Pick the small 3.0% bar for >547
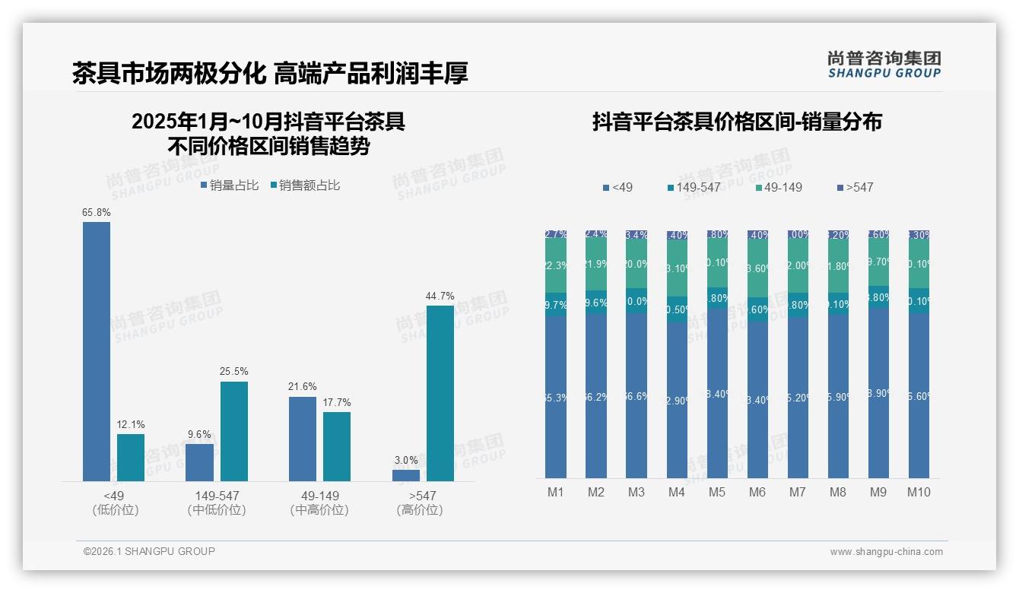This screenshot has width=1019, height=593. pyautogui.click(x=406, y=475)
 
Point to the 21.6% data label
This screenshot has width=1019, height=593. pyautogui.click(x=302, y=387)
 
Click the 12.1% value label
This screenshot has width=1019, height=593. pyautogui.click(x=131, y=424)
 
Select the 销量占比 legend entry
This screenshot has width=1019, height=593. pyautogui.click(x=229, y=186)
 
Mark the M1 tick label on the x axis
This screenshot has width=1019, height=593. pyautogui.click(x=556, y=493)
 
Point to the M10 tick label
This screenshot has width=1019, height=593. pyautogui.click(x=919, y=493)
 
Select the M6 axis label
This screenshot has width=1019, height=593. pyautogui.click(x=757, y=493)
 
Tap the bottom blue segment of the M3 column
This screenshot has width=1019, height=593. pyautogui.click(x=636, y=395)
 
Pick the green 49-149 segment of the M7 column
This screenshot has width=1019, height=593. pyautogui.click(x=798, y=266)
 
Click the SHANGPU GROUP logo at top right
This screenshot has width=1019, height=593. pyautogui.click(x=884, y=65)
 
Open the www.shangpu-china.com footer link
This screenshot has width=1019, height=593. pyautogui.click(x=886, y=552)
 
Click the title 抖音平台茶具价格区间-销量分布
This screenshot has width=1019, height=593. pyautogui.click(x=737, y=122)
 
